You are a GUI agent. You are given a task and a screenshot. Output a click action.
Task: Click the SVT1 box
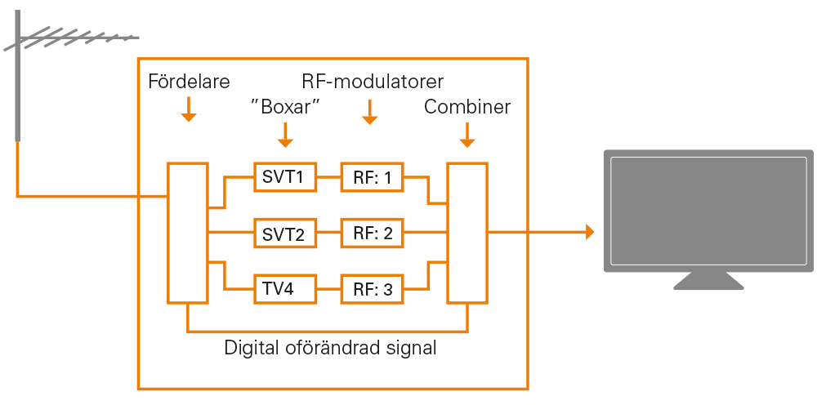pyautogui.click(x=284, y=176)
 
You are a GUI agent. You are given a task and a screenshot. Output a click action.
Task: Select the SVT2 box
pyautogui.click(x=284, y=234)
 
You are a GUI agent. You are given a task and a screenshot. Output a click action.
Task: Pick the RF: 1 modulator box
pyautogui.click(x=373, y=176)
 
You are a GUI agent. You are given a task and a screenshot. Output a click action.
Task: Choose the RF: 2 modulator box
pyautogui.click(x=373, y=234)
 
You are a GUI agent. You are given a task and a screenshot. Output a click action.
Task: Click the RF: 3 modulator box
pyautogui.click(x=373, y=288)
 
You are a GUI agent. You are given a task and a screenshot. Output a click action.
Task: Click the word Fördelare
pyautogui.click(x=189, y=82)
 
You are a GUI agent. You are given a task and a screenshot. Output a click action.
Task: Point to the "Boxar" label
pyautogui.click(x=284, y=108)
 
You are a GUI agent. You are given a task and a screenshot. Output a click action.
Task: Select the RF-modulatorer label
pyautogui.click(x=373, y=82)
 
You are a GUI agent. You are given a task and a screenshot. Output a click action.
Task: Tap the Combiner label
pyautogui.click(x=467, y=108)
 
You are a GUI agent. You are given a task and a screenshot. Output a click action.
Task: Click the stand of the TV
pyautogui.click(x=708, y=281)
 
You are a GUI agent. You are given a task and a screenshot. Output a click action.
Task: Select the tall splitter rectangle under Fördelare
pyautogui.click(x=188, y=233)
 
